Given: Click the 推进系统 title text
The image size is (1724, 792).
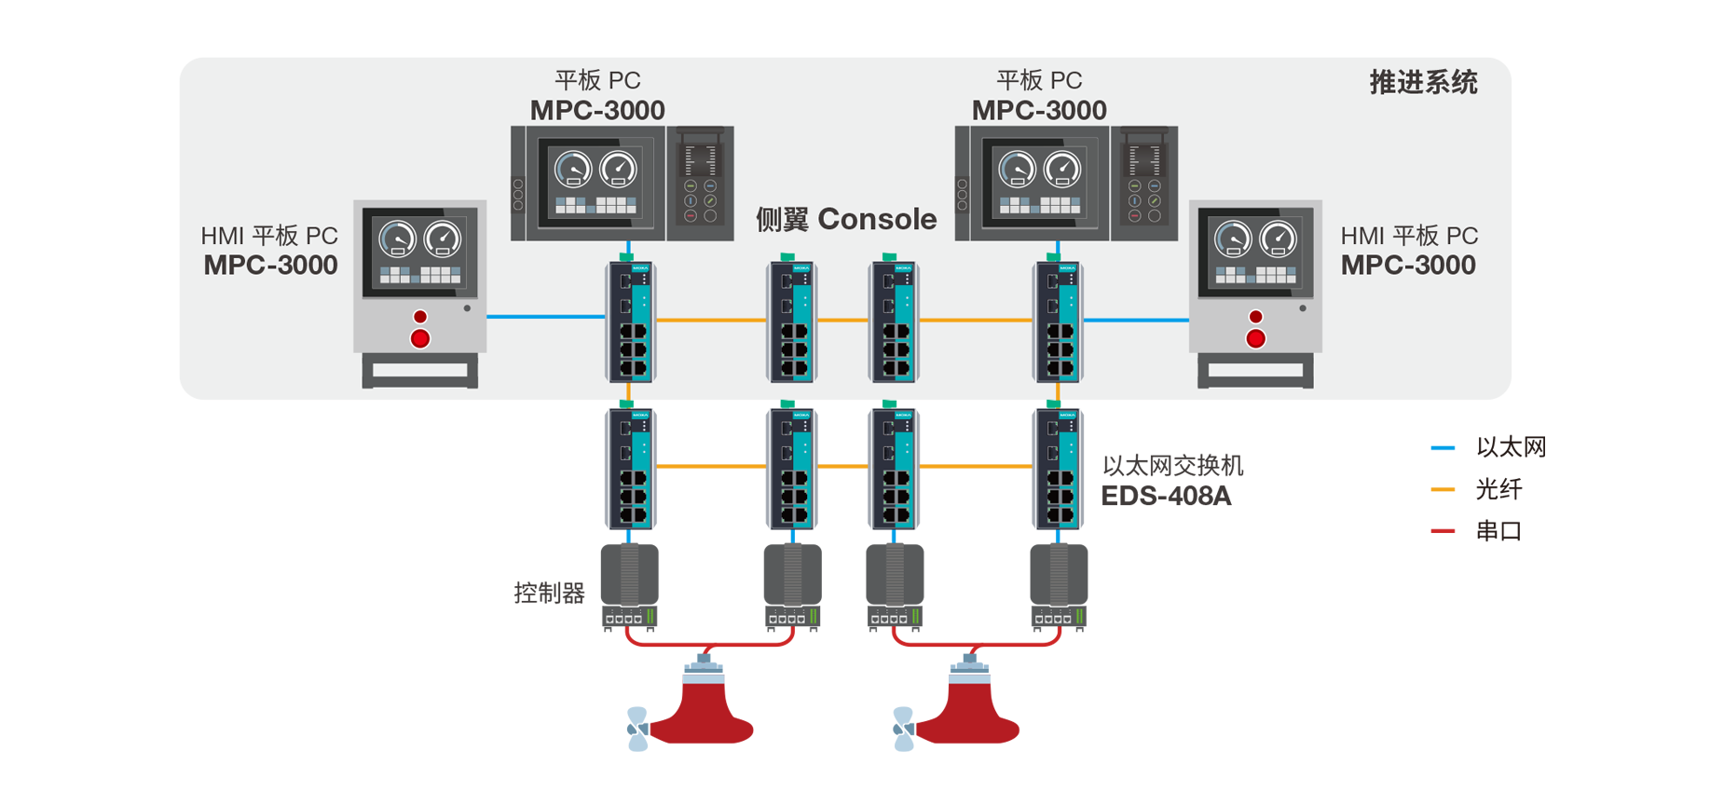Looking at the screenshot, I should point(1422,83).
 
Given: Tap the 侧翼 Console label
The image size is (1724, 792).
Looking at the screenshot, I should point(845,219).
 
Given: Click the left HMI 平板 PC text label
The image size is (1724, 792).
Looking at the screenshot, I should point(269,236).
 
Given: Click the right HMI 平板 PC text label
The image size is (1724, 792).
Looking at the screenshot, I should point(1408,236).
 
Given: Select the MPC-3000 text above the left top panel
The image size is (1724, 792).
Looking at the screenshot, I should point(597,110).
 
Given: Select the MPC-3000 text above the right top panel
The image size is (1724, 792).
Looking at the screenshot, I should point(1039,110).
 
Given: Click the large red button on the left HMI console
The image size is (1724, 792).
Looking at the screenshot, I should point(420,338).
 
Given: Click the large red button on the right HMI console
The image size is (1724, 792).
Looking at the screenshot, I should point(1255,338).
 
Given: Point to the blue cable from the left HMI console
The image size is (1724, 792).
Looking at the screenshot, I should point(545,317).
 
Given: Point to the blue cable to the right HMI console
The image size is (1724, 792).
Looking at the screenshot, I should point(1135,320).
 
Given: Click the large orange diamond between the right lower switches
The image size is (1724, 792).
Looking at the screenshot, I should point(975,475).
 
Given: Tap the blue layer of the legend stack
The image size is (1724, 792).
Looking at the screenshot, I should point(1424,447).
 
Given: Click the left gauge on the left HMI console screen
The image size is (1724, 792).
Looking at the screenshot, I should point(397,239).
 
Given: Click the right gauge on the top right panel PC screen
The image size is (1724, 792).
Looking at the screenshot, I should point(1061,169).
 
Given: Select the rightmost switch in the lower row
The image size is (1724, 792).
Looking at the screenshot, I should point(1058,471).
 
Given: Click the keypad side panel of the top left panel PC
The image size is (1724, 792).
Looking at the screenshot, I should point(700,183).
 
